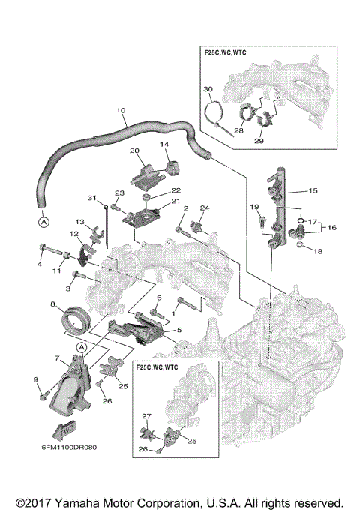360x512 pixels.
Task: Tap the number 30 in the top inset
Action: coord(208,89)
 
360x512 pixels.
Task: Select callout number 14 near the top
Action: coord(164,144)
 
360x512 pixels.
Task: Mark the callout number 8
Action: coord(53,304)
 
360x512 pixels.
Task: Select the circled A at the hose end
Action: coord(43,222)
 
